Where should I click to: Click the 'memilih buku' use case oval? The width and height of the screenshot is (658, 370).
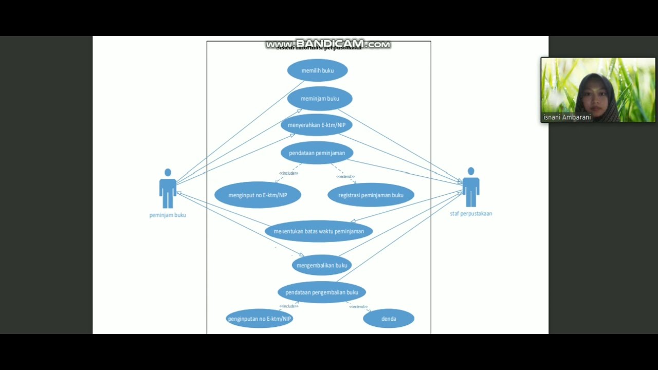coord(317,70)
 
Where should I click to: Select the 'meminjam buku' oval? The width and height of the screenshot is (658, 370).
coord(320,99)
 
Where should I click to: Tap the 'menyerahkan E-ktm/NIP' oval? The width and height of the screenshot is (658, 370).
coord(316,125)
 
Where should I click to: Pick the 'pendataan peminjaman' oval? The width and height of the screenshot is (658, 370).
coord(317,153)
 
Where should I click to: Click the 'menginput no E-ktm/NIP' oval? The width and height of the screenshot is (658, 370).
coord(258,195)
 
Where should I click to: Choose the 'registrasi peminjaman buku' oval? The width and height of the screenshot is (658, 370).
coord(371,195)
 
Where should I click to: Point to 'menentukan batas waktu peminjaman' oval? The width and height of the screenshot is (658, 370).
coord(319,231)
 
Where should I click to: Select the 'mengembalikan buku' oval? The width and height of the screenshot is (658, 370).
coord(322,265)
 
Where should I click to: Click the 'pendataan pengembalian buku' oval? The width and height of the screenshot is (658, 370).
coord(322,292)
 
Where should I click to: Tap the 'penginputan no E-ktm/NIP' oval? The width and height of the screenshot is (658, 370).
coord(259,319)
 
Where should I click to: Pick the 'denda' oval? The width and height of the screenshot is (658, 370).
coord(389,319)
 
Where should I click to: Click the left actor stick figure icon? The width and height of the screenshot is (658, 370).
coord(168,189)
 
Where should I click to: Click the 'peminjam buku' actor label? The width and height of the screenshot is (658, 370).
coord(168,215)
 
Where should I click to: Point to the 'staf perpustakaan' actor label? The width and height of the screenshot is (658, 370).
coord(471,214)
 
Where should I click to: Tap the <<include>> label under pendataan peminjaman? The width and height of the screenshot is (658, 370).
coord(288,173)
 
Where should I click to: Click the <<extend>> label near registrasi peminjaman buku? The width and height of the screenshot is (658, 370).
coord(345,177)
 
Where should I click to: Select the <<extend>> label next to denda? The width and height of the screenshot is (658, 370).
coord(358,307)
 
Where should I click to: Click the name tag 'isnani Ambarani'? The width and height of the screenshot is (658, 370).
coord(567,117)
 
